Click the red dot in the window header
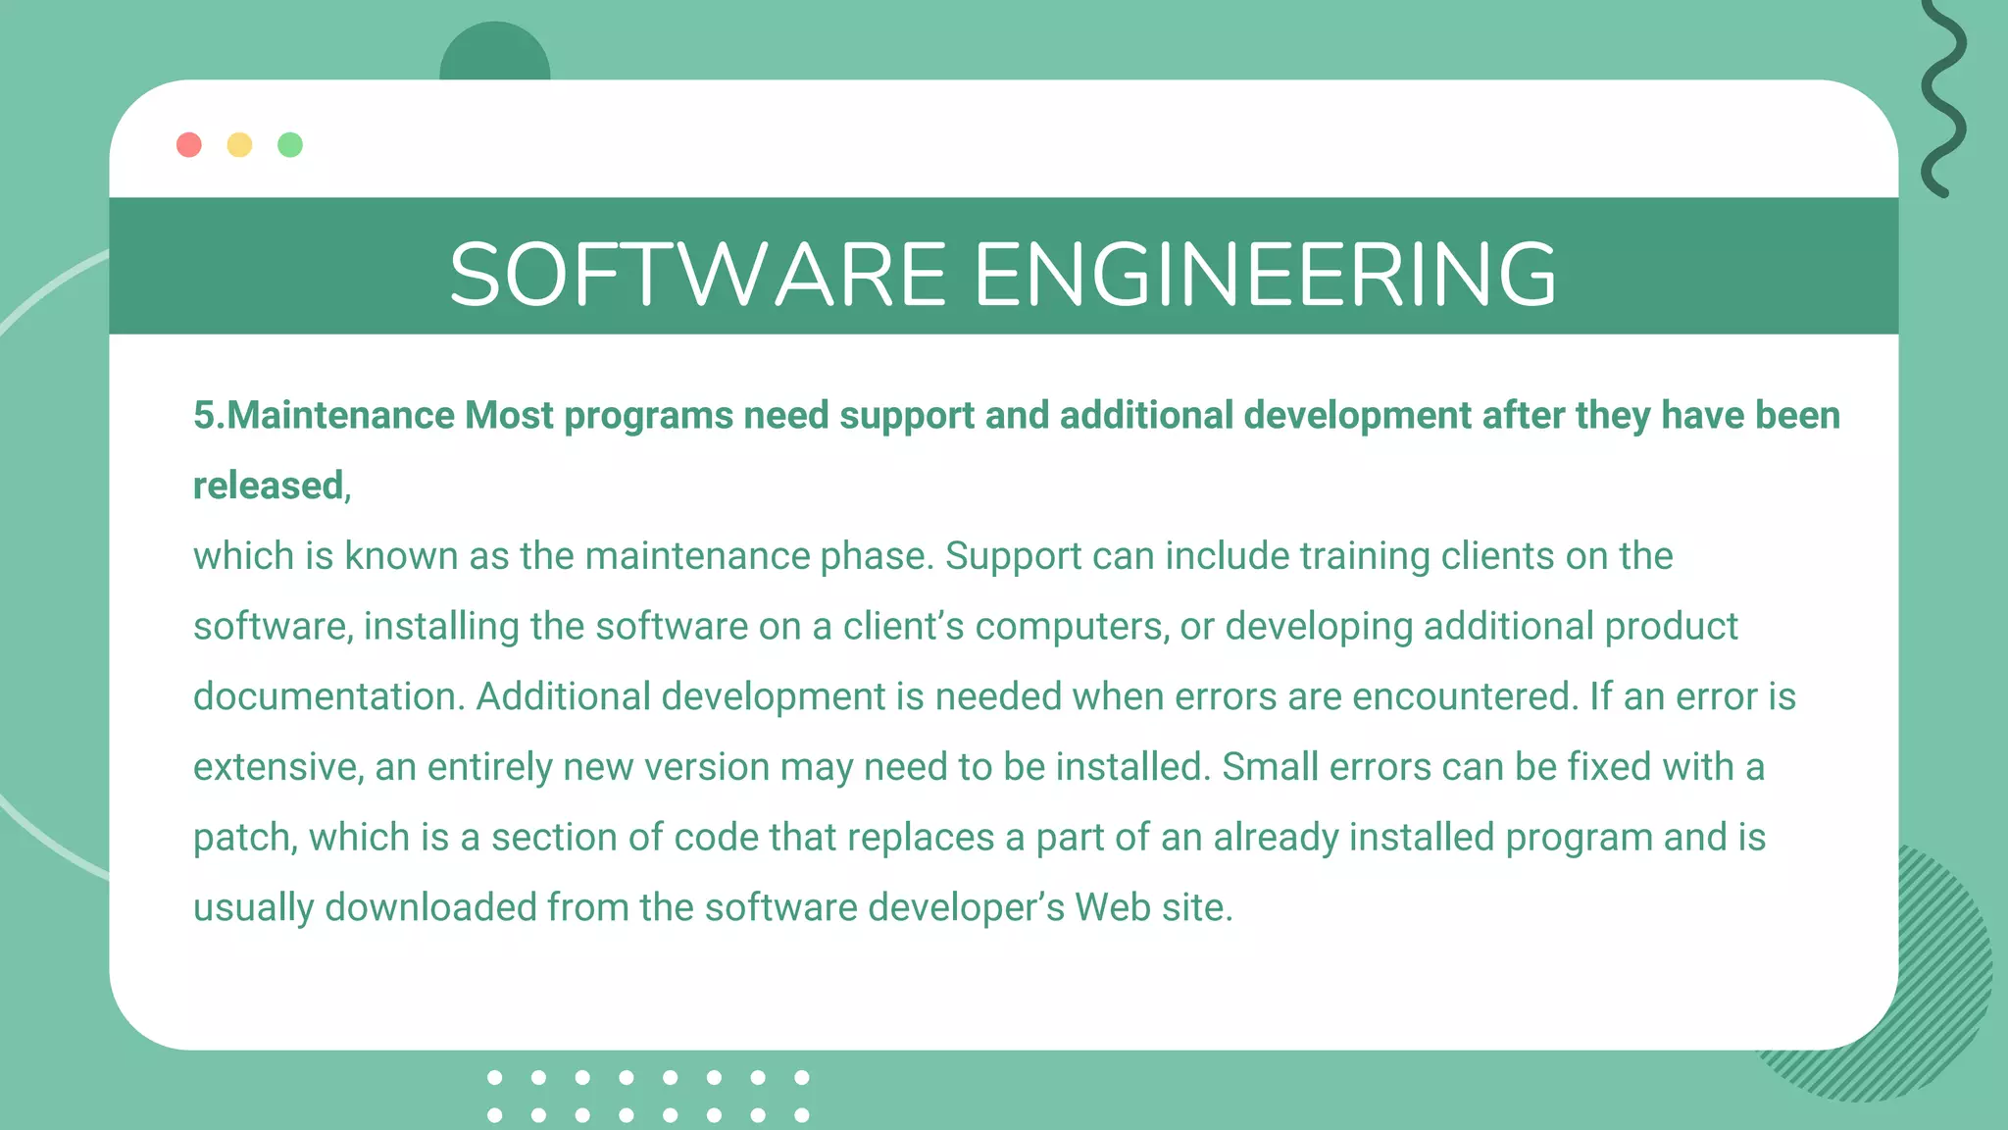coord(189,145)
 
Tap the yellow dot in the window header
coord(239,145)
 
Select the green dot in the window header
coord(290,145)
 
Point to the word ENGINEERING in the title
coord(1265,275)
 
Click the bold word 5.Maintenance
coord(325,416)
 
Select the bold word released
coord(268,486)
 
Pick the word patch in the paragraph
coord(245,838)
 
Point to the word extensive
coord(279,767)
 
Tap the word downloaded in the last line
coord(430,907)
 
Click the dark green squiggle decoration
coord(1942,98)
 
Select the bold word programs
coord(648,416)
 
